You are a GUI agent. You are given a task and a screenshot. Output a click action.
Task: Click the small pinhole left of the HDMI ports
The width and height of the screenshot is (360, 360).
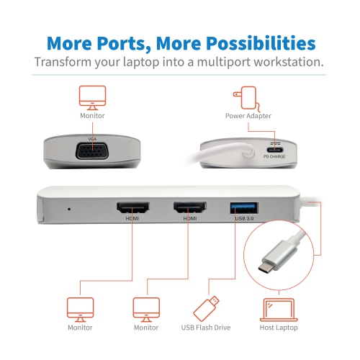(x=68, y=210)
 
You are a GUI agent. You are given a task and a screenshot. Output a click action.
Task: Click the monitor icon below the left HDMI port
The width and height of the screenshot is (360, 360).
(x=79, y=308)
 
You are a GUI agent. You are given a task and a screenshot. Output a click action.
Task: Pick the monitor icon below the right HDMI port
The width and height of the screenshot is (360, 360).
(x=146, y=308)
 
